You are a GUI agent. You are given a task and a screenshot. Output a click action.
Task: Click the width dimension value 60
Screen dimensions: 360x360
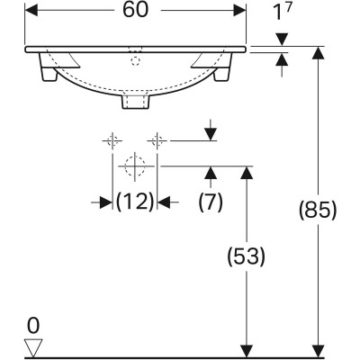point(136,10)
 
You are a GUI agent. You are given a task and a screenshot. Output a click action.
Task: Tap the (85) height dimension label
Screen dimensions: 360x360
point(318,210)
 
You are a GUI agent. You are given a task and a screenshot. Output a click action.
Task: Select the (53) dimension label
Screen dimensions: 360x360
point(247,256)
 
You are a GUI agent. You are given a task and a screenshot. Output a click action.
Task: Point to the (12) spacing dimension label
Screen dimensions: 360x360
point(135,202)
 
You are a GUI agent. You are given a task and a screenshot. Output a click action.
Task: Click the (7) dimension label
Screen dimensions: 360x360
point(211,202)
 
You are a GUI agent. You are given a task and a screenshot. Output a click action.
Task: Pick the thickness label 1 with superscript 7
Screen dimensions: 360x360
point(283,12)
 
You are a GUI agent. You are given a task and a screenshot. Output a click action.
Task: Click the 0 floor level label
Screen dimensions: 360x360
point(33,326)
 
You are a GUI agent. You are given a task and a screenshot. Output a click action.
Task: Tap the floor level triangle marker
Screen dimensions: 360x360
point(33,348)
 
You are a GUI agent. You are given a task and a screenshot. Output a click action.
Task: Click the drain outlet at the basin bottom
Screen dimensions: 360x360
point(136,102)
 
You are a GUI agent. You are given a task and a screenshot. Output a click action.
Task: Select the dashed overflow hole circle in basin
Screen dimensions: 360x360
point(136,61)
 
